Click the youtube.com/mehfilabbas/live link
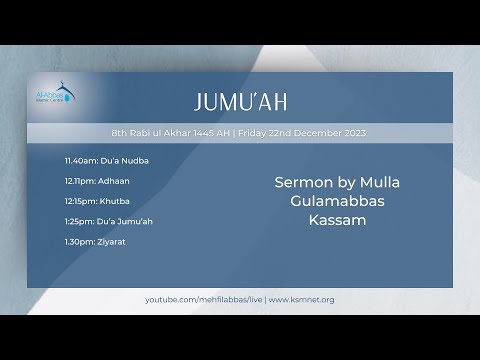point(203,299)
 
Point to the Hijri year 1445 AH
point(207,133)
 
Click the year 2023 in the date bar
point(357,133)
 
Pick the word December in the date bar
point(318,133)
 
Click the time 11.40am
point(79,160)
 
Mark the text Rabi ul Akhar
point(154,133)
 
